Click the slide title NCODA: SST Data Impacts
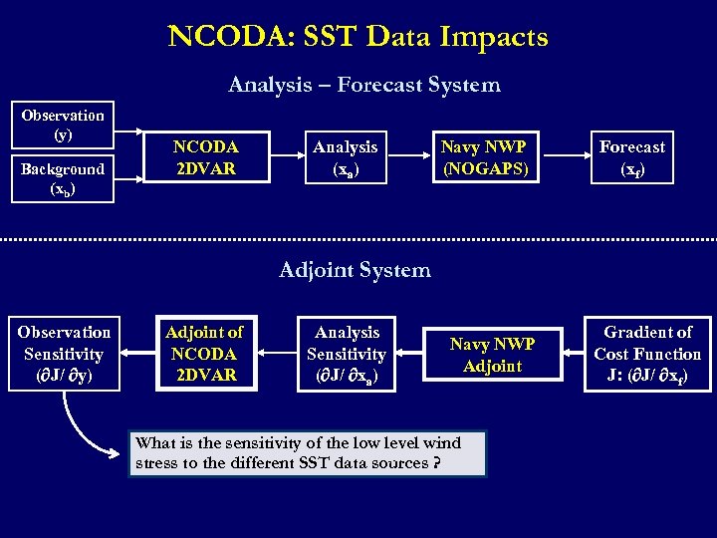(x=358, y=37)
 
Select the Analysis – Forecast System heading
(x=363, y=85)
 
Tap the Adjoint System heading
(x=355, y=270)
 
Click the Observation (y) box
(x=63, y=125)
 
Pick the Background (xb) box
(x=63, y=178)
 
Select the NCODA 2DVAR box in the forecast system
(x=205, y=157)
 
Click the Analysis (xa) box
(x=346, y=157)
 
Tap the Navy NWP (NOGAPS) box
(x=484, y=157)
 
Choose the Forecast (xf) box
(x=631, y=157)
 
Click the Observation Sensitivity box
(x=64, y=354)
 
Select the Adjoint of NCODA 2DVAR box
(x=204, y=354)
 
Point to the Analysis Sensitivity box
(x=347, y=354)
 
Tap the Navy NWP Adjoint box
(x=492, y=354)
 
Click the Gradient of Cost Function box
(x=647, y=354)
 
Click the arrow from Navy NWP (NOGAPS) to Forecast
(x=560, y=157)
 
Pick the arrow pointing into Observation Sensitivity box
(x=137, y=354)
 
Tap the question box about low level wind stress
(x=308, y=453)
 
